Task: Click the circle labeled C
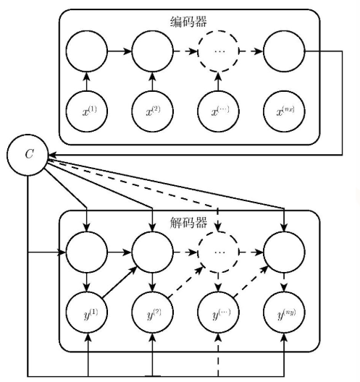point(27,155)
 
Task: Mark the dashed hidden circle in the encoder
point(218,52)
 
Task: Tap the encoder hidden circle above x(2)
point(152,52)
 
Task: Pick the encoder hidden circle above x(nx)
point(284,52)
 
